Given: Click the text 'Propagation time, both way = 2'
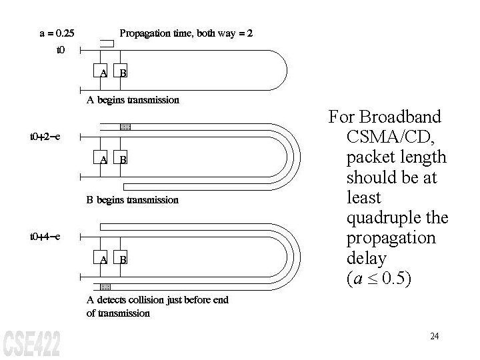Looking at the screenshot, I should point(185,33).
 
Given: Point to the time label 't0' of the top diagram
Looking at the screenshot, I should point(61,50).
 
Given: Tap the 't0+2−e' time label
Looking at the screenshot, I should point(45,137).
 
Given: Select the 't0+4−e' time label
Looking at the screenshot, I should point(45,237).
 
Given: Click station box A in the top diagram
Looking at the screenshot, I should point(103,72).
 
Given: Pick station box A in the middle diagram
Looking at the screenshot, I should point(103,159).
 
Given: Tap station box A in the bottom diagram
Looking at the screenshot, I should point(103,259).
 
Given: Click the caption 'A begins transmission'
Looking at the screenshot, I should point(133,100).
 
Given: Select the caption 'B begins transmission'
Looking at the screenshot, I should point(133,199).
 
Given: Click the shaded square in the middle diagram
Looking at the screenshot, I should point(125,126).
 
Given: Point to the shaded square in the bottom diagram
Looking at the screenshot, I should point(104,286).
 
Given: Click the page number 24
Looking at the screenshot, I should point(435,336).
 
